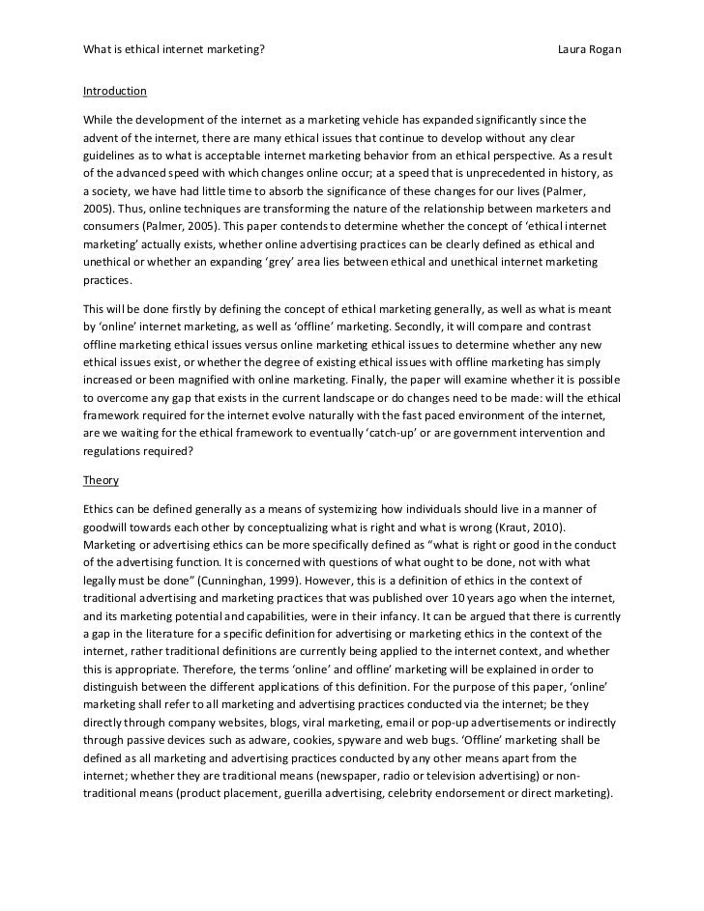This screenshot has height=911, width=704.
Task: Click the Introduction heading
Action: pyautogui.click(x=114, y=92)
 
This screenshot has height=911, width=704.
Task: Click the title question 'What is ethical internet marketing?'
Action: pyautogui.click(x=173, y=47)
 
